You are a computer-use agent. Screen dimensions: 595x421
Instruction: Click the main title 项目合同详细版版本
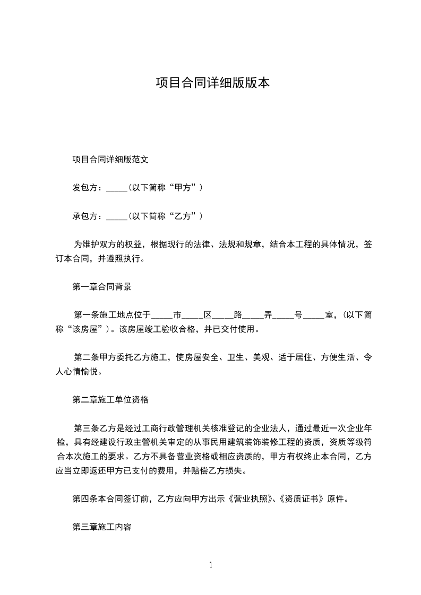tap(212, 83)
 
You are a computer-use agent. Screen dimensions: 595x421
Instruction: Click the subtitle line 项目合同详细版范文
tap(114, 159)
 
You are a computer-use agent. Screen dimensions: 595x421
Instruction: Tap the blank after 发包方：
tap(117, 188)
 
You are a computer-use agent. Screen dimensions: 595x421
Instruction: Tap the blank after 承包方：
tap(117, 216)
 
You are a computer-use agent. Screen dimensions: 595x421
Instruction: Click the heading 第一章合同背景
tap(102, 287)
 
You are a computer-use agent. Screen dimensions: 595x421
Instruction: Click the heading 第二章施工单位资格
tap(110, 399)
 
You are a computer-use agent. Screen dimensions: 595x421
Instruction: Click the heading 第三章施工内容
tap(102, 527)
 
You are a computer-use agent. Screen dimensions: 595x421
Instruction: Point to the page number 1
tap(211, 565)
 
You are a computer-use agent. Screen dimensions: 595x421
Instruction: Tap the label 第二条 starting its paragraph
tap(85, 357)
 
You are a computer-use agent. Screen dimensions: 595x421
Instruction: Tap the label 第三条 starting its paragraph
tap(85, 427)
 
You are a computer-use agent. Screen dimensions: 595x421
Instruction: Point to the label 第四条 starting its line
tap(83, 499)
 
